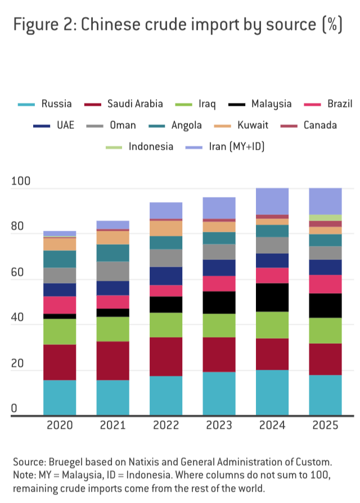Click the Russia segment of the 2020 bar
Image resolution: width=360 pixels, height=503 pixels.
tap(60, 397)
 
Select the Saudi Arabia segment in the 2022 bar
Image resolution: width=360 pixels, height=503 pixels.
tap(166, 356)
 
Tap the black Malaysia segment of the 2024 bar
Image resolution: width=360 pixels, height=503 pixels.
tap(272, 297)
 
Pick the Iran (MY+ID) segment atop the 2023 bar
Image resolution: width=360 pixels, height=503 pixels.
tap(219, 208)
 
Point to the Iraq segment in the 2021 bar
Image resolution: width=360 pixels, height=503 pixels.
tap(112, 329)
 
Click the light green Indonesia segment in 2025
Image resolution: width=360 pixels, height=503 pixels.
tap(325, 218)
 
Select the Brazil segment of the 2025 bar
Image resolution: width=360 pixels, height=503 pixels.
tap(325, 284)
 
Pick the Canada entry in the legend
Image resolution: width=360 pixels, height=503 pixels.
tap(319, 125)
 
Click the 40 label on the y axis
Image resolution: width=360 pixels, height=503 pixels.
tap(19, 318)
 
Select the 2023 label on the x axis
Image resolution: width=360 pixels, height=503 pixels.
tap(219, 425)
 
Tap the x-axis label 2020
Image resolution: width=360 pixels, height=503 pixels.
tap(60, 425)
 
